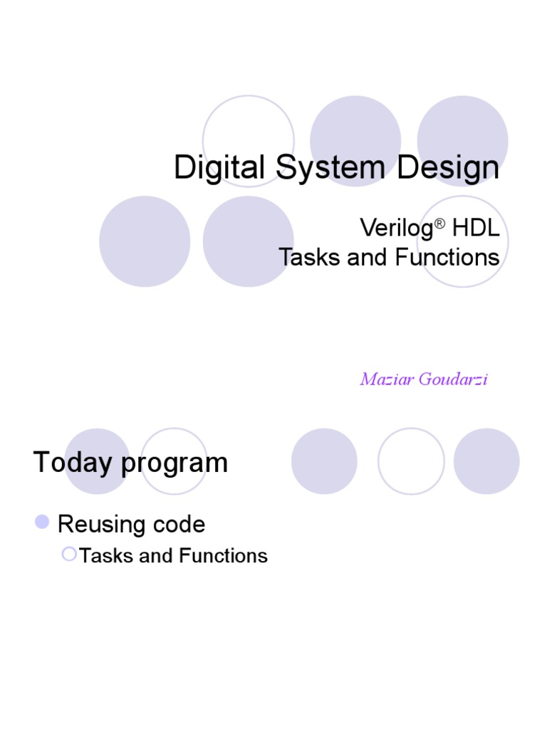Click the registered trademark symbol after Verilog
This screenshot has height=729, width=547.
point(439,222)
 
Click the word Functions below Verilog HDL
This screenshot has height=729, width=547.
point(447,257)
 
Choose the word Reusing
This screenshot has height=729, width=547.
point(101,525)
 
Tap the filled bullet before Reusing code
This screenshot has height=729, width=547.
point(42,522)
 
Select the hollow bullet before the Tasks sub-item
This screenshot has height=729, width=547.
point(68,553)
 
